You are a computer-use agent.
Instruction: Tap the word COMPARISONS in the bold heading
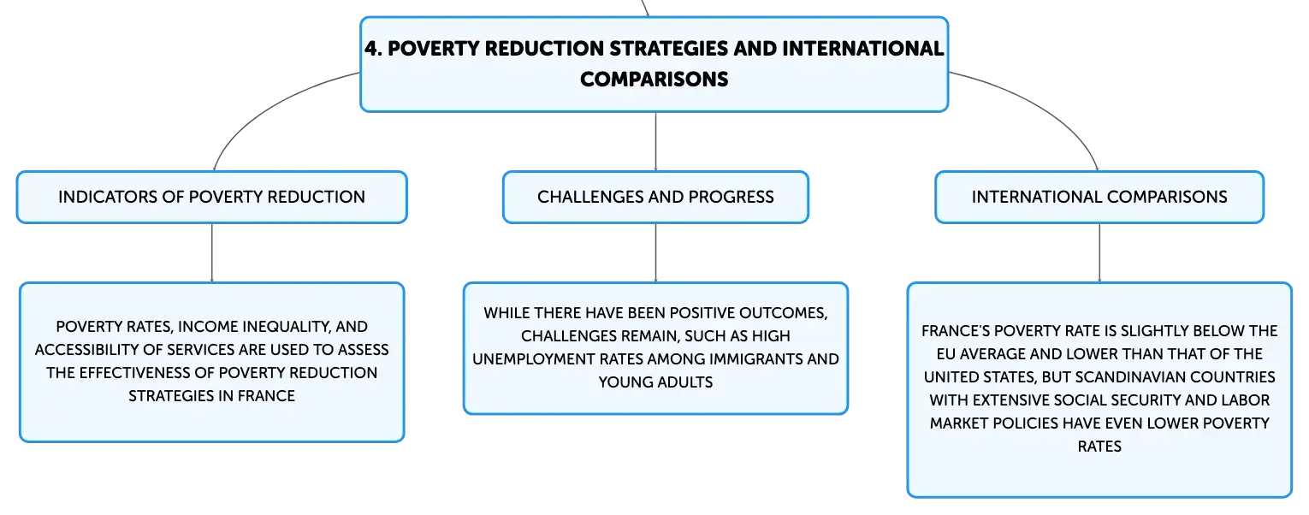pos(654,80)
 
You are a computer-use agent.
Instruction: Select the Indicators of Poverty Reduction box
pos(211,197)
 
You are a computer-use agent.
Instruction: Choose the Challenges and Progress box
pos(655,197)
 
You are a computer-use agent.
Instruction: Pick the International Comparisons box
pos(1099,197)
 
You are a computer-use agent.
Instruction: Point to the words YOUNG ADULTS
pos(655,382)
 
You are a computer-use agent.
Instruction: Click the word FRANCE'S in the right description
pos(956,331)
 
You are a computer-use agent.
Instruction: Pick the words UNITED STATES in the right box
pos(980,377)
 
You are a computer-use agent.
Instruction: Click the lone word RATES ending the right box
pos(1099,447)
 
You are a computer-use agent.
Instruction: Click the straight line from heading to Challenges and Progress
pos(655,141)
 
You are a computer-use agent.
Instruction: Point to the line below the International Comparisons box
pos(1099,252)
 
